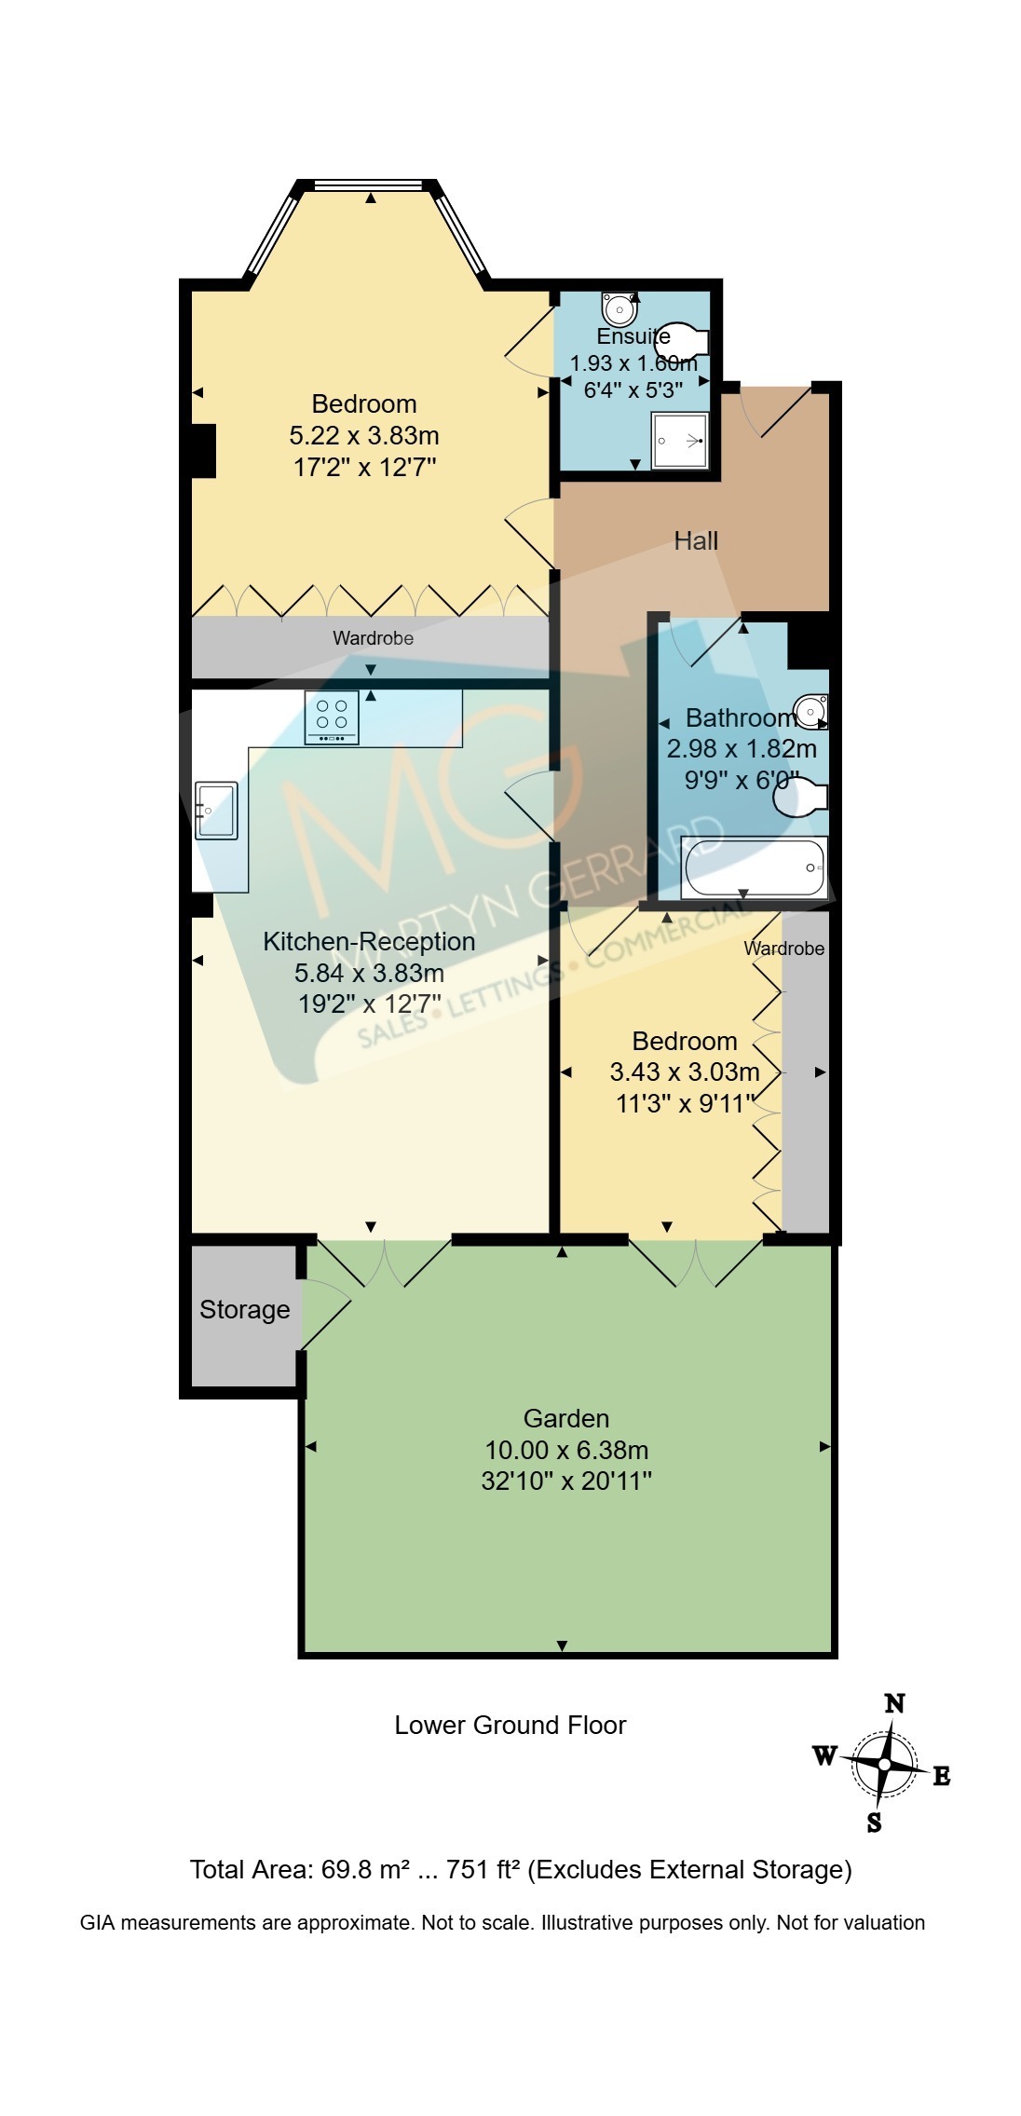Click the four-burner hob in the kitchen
(x=332, y=717)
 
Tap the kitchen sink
(x=216, y=811)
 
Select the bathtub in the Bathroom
(x=754, y=867)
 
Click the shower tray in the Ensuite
(x=680, y=441)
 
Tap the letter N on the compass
(x=894, y=1702)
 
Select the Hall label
(x=696, y=540)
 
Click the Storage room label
(x=245, y=1310)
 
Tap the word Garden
(x=566, y=1418)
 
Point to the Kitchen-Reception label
(x=369, y=941)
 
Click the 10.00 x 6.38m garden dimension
(x=566, y=1450)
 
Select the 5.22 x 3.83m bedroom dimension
(x=364, y=435)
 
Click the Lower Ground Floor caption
(x=510, y=1725)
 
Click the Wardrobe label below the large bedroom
(x=374, y=639)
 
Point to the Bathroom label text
(x=742, y=717)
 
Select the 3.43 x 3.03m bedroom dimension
(x=685, y=1072)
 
